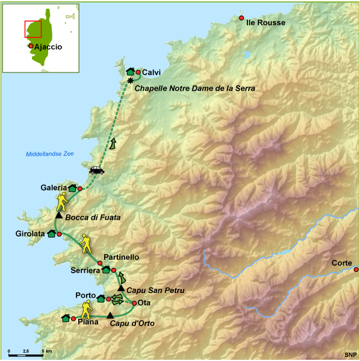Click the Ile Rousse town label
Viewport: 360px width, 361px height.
click(x=266, y=22)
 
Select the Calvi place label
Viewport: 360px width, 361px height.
click(x=151, y=73)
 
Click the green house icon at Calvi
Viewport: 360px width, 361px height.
click(x=130, y=72)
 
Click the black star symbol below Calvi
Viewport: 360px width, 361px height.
click(x=130, y=81)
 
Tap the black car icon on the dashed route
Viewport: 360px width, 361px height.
click(x=96, y=170)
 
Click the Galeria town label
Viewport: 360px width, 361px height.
click(x=54, y=188)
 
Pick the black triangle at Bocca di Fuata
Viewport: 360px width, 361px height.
click(x=58, y=215)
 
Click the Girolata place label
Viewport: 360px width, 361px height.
click(x=30, y=233)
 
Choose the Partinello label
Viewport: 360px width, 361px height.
click(x=122, y=257)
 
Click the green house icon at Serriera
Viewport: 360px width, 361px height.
click(x=106, y=270)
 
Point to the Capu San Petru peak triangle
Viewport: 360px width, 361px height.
click(x=121, y=289)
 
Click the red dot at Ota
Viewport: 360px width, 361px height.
click(x=134, y=303)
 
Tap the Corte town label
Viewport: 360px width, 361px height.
click(x=343, y=263)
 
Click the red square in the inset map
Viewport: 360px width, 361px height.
click(x=33, y=29)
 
